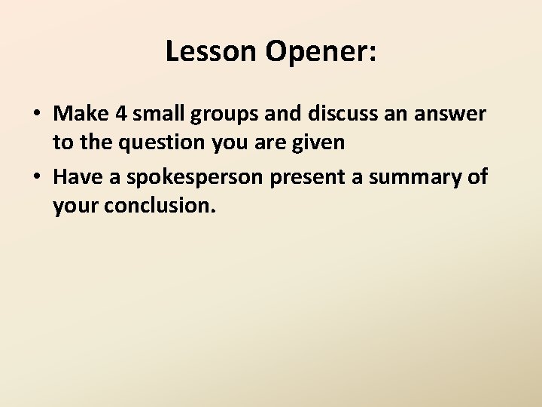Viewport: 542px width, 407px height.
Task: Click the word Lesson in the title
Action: pos(212,51)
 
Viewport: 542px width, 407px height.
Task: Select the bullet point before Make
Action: pos(36,115)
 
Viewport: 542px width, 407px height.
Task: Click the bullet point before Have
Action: pos(36,178)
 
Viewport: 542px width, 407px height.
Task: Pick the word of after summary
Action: pos(477,177)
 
